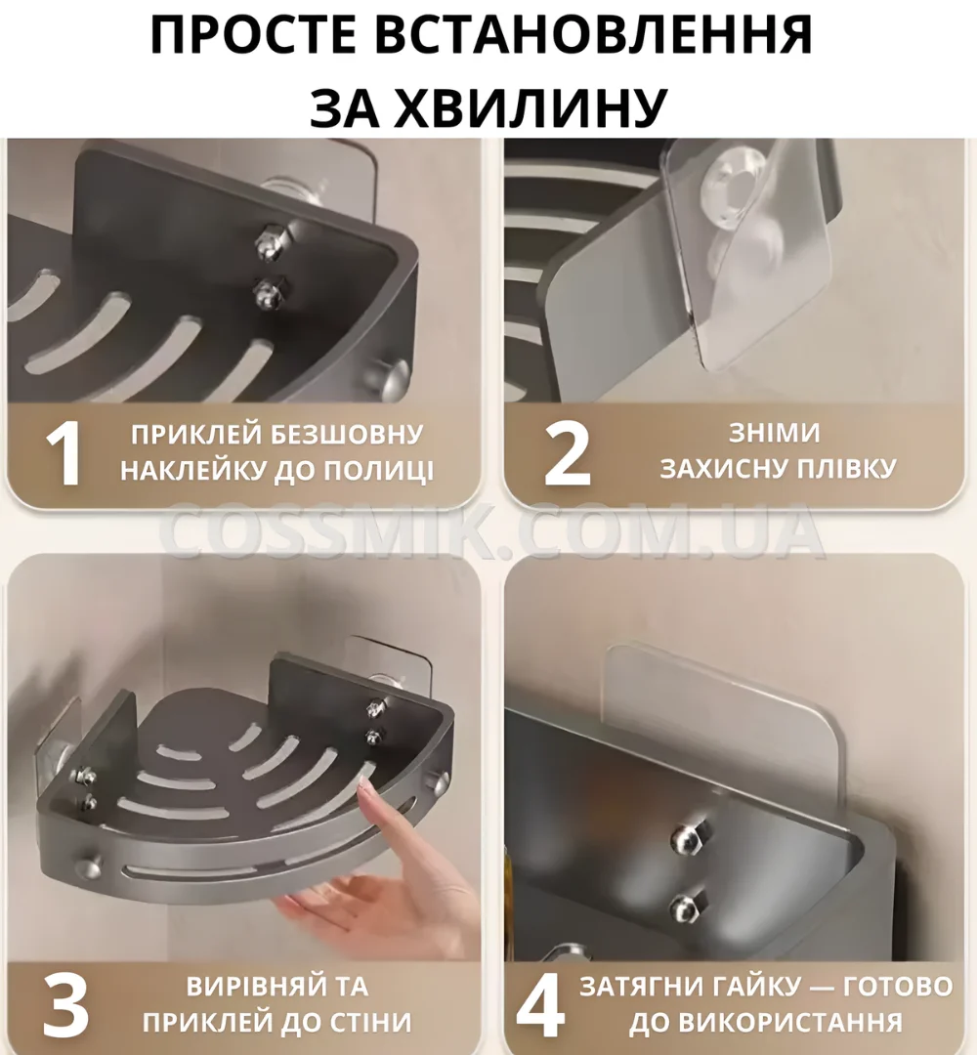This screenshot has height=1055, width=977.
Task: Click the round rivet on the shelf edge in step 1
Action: pyautogui.click(x=394, y=376)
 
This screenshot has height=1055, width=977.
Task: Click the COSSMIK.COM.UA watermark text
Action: pyautogui.click(x=491, y=531)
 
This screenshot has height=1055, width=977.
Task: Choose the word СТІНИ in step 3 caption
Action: pyautogui.click(x=369, y=1022)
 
